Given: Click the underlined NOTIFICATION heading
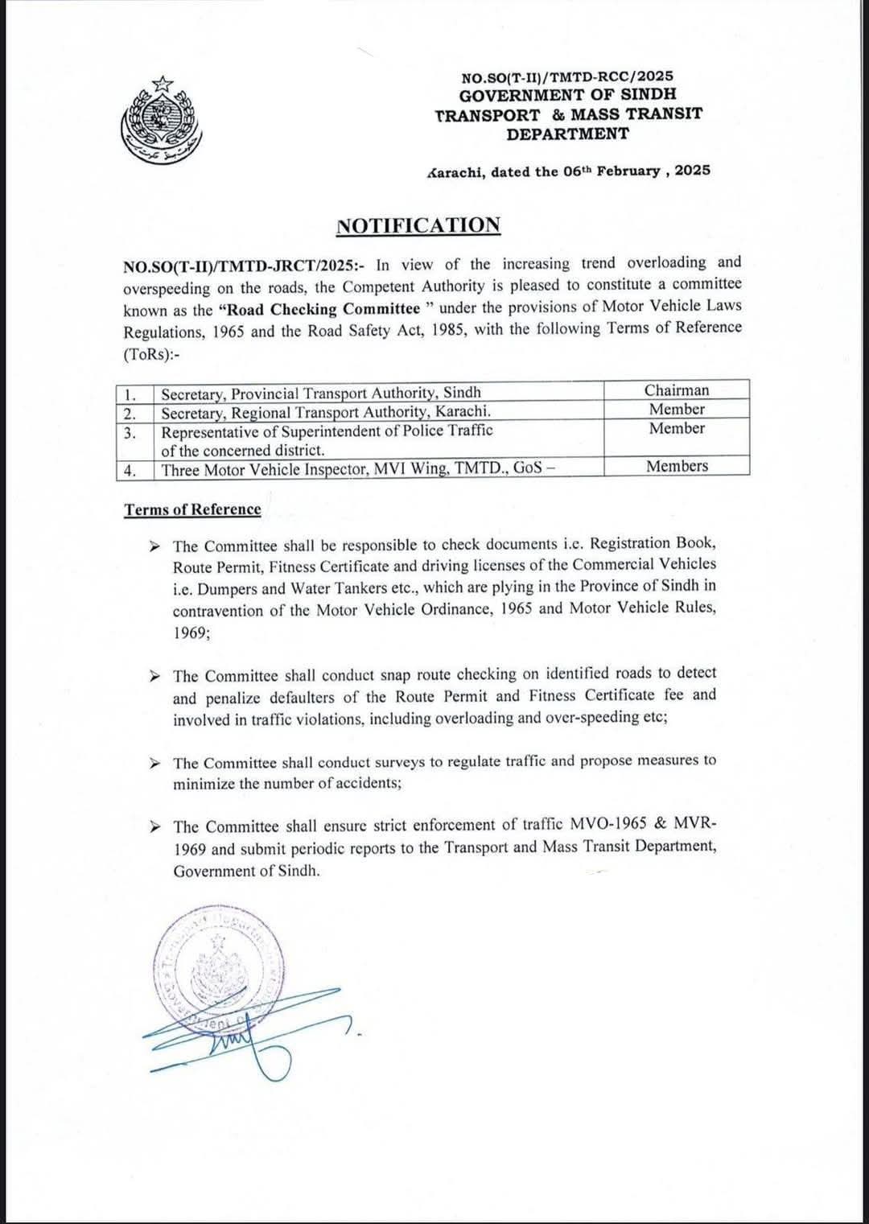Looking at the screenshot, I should tap(418, 225).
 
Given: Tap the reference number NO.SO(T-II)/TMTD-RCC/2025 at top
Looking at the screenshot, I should tap(567, 77).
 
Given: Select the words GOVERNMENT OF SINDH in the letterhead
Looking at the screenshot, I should tap(567, 95).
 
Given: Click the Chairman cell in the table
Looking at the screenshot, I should tap(677, 390).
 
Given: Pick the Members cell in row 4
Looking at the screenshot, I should tap(677, 467).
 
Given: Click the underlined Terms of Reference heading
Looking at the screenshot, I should tap(192, 510).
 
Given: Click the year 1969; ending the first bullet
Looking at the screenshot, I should tap(192, 633).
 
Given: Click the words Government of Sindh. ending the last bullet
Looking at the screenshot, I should tap(246, 871).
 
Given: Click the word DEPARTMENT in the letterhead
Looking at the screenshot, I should tap(567, 134).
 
